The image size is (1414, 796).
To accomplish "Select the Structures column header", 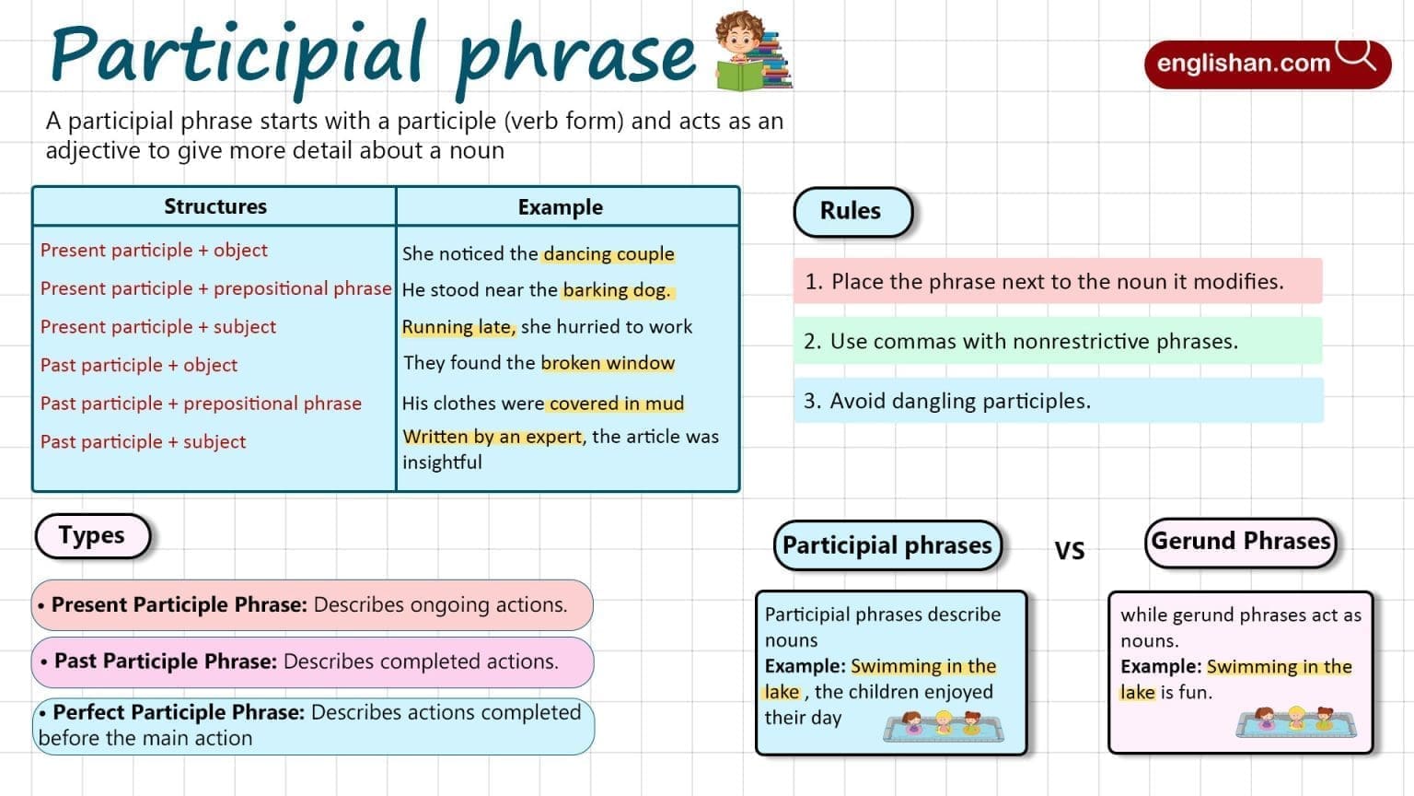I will (x=215, y=206).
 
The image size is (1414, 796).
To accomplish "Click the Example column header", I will (x=560, y=207).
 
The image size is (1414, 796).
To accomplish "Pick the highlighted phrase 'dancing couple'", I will (x=608, y=253).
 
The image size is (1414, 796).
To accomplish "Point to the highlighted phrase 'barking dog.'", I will (x=617, y=290).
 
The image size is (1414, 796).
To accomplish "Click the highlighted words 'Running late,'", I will (x=458, y=327).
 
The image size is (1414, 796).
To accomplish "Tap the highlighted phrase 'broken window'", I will (x=608, y=363).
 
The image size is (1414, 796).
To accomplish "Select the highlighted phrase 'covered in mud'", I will (x=616, y=404).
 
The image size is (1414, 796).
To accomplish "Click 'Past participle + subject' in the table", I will (x=143, y=441).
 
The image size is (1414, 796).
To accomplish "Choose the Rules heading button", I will (x=852, y=211).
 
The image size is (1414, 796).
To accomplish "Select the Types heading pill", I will (x=92, y=535).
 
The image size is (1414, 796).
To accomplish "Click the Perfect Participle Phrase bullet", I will (x=311, y=725).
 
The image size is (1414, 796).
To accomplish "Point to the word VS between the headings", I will (x=1070, y=550).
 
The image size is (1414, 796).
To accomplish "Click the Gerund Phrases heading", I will (x=1240, y=541).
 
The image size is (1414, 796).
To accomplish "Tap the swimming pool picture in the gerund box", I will (x=1296, y=722).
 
